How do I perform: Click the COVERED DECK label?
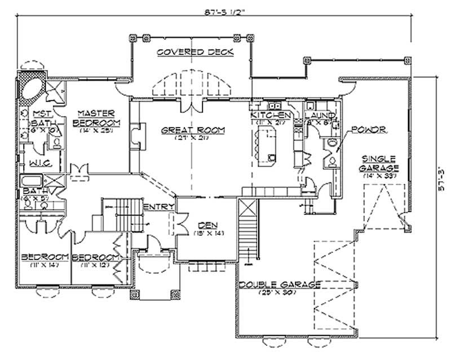tap(188, 52)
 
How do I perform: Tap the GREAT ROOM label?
tap(193, 130)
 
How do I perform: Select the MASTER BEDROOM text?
tap(97, 117)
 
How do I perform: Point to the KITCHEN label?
tap(269, 115)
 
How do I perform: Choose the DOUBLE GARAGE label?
tap(280, 284)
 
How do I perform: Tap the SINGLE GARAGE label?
tap(381, 164)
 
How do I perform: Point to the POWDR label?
tap(367, 129)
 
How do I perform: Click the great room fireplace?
tap(135, 136)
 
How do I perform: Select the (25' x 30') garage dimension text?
tap(280, 292)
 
